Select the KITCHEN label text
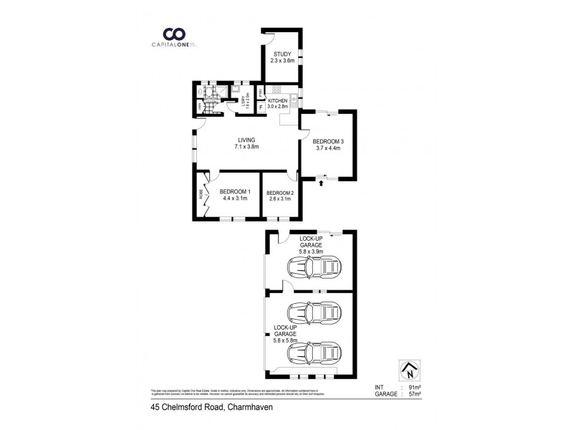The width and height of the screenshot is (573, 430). tap(278, 101)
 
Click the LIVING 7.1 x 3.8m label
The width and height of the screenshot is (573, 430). tap(246, 143)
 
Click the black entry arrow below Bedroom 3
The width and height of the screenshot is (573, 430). tap(321, 183)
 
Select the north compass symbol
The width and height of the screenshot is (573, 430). tap(409, 371)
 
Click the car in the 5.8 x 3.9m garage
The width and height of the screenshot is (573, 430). tap(313, 269)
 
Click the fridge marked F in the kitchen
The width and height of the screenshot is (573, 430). tap(263, 107)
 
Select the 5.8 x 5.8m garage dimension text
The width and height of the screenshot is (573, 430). tap(285, 339)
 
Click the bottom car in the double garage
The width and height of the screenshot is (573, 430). tap(313, 353)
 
